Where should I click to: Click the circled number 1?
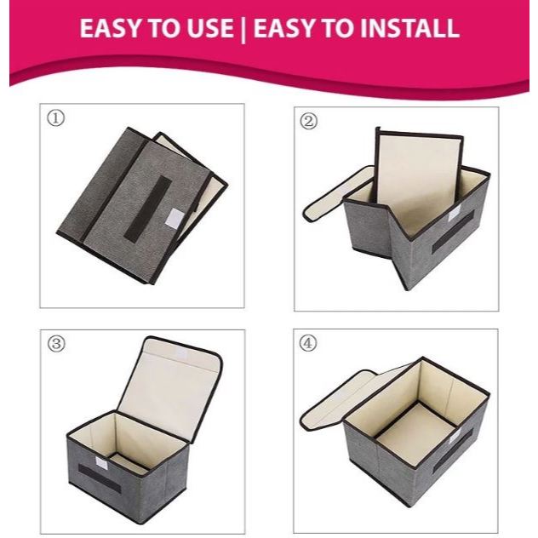point(55,118)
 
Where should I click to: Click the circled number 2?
point(308,121)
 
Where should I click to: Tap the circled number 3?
point(56,343)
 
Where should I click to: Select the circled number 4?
point(308,343)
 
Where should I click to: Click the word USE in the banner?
point(209,28)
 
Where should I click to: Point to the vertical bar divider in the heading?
point(243,29)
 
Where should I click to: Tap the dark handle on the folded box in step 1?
point(147,209)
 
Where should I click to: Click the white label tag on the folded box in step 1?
point(175,218)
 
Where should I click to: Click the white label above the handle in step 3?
point(102,463)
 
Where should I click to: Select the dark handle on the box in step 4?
point(453,452)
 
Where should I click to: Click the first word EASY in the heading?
point(112,28)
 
